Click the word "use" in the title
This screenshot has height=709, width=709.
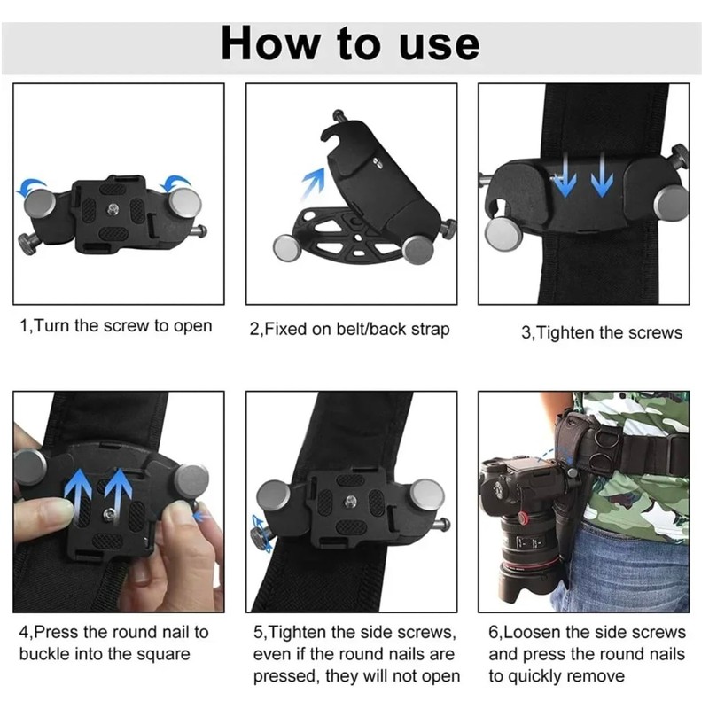coord(439,45)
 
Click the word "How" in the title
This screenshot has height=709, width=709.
coord(271,43)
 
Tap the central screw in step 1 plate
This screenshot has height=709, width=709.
coord(113,208)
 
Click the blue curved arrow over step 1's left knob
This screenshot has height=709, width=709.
coord(32,185)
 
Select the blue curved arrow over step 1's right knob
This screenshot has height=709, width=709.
coord(177,183)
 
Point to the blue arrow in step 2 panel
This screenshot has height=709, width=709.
coord(314,183)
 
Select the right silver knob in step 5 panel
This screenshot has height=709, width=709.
coord(426,496)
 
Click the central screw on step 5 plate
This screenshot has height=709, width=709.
coord(349,500)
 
